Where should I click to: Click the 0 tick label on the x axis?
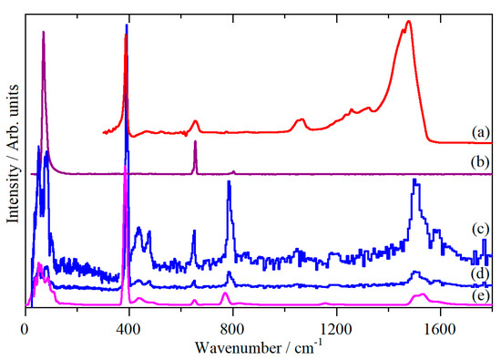[x=26, y=325]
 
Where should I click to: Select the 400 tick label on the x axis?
[x=129, y=325]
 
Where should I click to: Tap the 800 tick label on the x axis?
[x=233, y=325]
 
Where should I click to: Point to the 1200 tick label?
[x=337, y=325]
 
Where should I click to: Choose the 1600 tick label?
[x=440, y=325]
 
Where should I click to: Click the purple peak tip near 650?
[x=195, y=142]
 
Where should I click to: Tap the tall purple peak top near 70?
[x=44, y=33]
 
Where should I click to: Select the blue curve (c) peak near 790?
[x=229, y=182]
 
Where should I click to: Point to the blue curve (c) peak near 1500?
[x=415, y=180]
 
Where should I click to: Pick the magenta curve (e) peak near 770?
[x=225, y=293]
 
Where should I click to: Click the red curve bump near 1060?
[x=301, y=119]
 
